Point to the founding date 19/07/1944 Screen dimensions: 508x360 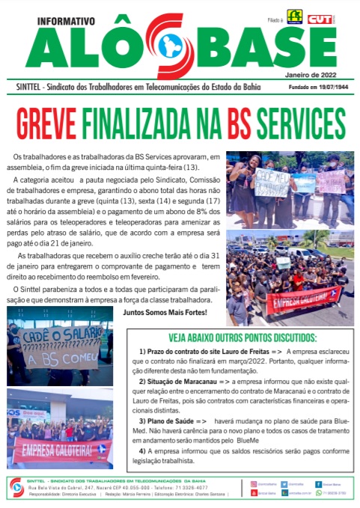(331, 88)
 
